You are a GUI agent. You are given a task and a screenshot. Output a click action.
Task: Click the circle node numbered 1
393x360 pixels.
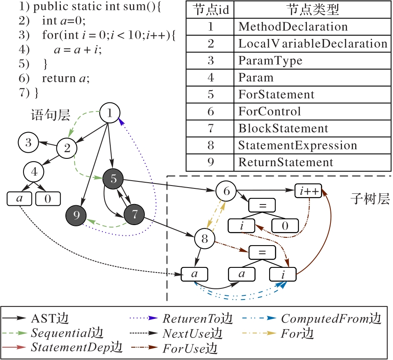[109, 113]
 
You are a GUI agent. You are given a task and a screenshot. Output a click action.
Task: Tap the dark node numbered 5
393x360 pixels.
[113, 179]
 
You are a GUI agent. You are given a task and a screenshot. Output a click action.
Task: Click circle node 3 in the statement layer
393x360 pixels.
[28, 143]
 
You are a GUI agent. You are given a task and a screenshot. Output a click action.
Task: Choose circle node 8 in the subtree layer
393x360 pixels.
[205, 238]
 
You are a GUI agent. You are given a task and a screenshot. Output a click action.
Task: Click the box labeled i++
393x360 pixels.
[308, 191]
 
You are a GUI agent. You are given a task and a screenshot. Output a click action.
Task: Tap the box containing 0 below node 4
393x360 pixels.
[48, 199]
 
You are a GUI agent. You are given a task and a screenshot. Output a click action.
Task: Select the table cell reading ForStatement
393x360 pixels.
[276, 95]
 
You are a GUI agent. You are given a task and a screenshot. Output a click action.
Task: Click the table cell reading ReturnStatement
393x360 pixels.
[286, 162]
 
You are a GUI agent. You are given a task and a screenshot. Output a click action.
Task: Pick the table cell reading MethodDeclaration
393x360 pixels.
[293, 27]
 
